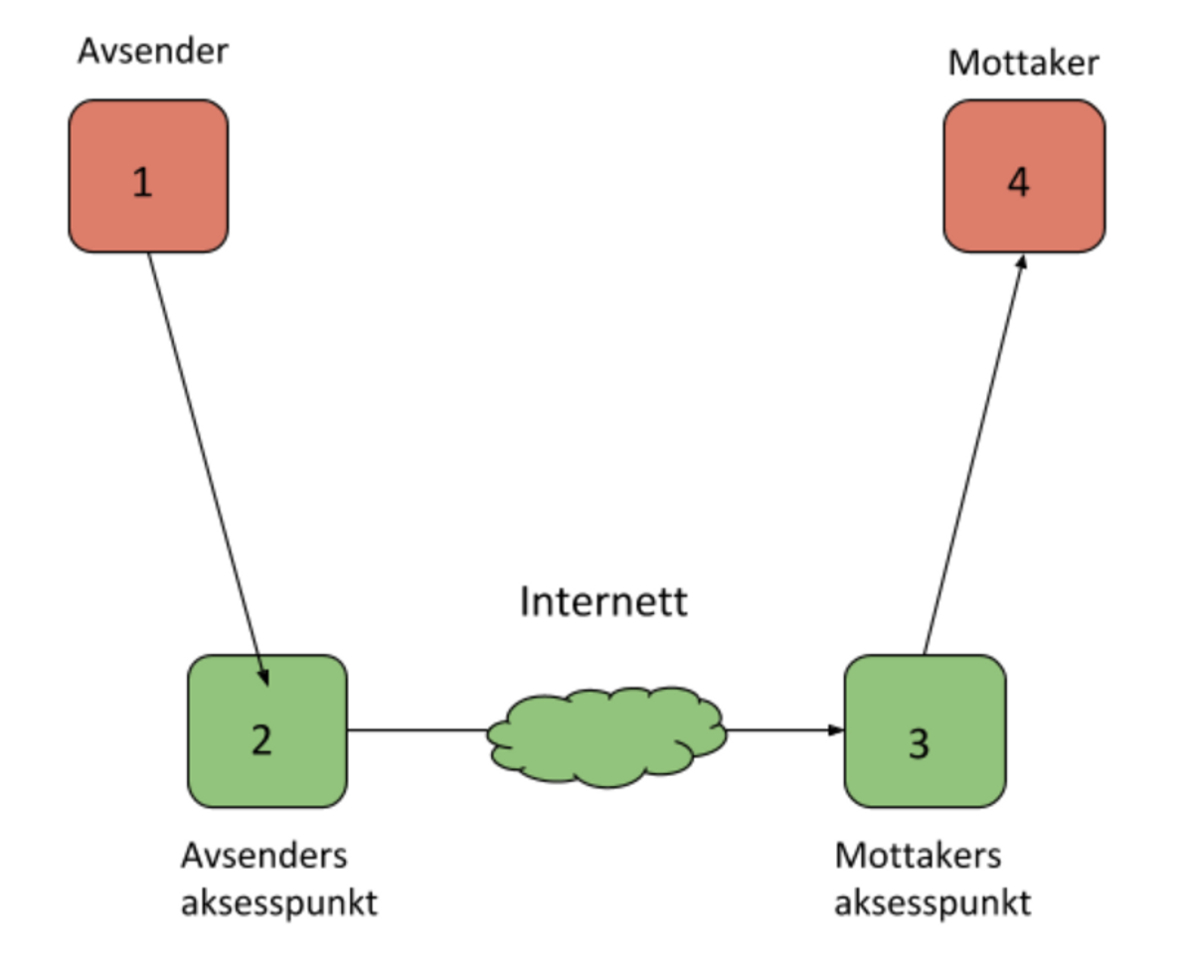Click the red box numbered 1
(x=148, y=176)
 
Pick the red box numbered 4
(x=1023, y=176)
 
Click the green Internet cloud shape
(x=607, y=735)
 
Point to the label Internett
(x=603, y=602)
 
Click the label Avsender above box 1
(x=153, y=51)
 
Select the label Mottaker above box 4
(x=1023, y=63)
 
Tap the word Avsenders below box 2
(x=264, y=857)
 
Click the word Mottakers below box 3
(x=919, y=857)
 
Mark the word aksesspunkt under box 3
(x=933, y=904)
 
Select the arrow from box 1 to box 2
(x=207, y=467)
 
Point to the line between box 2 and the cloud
(x=418, y=730)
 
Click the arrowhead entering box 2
(x=263, y=676)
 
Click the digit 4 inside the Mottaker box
(x=1019, y=184)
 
